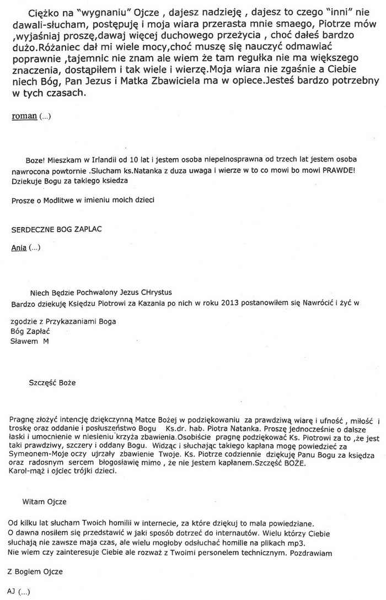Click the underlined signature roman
click(24, 116)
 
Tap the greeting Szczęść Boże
click(52, 382)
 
